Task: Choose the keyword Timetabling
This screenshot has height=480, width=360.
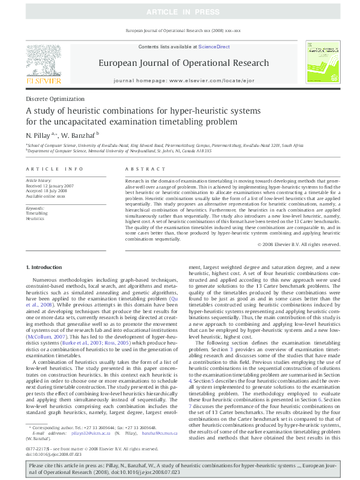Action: pyautogui.click(x=37, y=213)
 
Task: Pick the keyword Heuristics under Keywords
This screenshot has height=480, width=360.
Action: pyautogui.click(x=35, y=218)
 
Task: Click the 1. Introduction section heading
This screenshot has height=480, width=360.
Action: pyautogui.click(x=45, y=267)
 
